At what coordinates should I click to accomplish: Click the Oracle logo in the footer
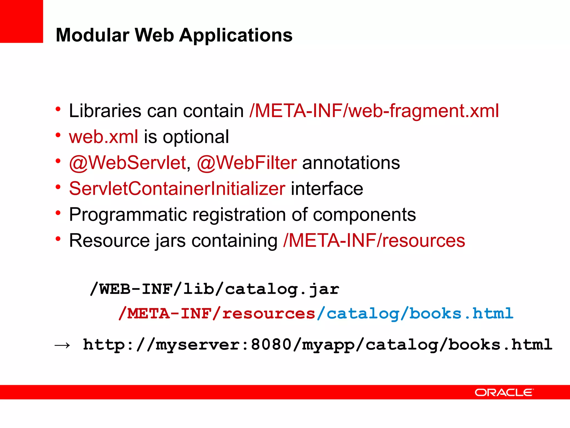tap(504, 393)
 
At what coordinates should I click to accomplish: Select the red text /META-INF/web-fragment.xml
tap(374, 111)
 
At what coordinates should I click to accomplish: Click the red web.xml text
tap(104, 137)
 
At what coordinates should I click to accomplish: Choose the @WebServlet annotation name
tap(127, 163)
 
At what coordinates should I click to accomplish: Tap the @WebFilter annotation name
tap(247, 163)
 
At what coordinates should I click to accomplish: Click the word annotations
tap(351, 163)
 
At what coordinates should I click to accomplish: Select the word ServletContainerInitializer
tap(177, 189)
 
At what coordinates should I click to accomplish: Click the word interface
tap(327, 189)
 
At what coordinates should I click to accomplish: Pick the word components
tap(364, 215)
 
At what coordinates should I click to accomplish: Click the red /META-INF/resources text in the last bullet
tap(374, 240)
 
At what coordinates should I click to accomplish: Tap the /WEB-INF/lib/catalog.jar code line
tap(215, 289)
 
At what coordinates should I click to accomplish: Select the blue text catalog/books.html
tap(420, 314)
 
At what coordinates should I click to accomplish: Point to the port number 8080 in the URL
tap(271, 345)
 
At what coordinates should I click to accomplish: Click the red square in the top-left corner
tap(21, 21)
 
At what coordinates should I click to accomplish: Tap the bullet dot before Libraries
tap(58, 109)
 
